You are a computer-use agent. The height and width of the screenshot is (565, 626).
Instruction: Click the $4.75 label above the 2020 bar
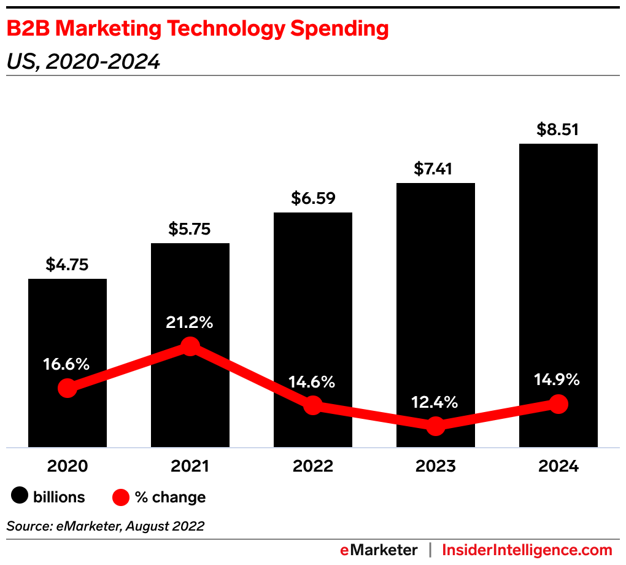[67, 265]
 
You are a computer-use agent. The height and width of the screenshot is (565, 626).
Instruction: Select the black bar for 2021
[190, 289]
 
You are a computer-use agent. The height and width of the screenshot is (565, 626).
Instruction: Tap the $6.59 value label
[312, 199]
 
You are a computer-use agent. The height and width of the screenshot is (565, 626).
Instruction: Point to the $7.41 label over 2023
[435, 169]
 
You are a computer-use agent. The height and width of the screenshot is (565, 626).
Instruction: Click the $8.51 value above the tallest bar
[558, 130]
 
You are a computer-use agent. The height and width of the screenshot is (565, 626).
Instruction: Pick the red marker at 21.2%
[190, 346]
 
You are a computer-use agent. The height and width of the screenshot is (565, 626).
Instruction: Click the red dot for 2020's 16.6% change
[68, 388]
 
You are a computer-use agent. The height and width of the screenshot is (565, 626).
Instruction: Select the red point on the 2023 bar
[435, 426]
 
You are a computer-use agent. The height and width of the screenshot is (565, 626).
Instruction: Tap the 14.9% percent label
[558, 380]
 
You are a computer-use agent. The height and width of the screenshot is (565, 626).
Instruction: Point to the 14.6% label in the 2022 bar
[312, 382]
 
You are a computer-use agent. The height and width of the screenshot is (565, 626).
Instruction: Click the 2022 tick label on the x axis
[312, 466]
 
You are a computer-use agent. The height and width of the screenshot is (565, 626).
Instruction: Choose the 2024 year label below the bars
[558, 466]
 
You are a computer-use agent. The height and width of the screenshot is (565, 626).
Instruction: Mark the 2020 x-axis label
[68, 466]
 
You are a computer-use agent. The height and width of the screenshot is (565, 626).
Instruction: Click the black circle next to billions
[20, 497]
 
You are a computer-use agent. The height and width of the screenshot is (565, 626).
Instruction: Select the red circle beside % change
[121, 497]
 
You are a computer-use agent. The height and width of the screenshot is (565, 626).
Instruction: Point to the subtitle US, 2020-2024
[83, 62]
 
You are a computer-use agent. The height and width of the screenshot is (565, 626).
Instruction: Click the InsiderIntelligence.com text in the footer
[527, 550]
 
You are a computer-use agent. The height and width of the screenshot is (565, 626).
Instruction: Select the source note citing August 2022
[105, 526]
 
